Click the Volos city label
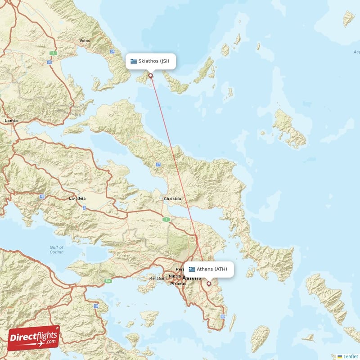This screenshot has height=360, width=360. (85, 40)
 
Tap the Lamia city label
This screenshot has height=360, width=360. (11, 121)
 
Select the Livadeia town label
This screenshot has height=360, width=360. (76, 198)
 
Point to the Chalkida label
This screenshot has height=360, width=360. (173, 198)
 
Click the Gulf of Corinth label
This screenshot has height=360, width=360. (57, 250)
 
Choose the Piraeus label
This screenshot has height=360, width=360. (178, 284)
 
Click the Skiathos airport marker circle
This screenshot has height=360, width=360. (151, 75)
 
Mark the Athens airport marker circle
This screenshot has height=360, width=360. (208, 283)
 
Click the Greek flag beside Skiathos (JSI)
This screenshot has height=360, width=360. (134, 61)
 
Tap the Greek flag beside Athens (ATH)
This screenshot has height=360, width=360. (192, 269)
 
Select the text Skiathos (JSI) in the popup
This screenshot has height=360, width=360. (154, 61)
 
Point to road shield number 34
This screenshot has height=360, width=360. (112, 52)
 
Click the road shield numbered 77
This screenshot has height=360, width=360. (158, 165)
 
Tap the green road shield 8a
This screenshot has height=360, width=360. (108, 281)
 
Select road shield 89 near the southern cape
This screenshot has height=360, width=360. (223, 317)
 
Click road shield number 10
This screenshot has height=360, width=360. (96, 306)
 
